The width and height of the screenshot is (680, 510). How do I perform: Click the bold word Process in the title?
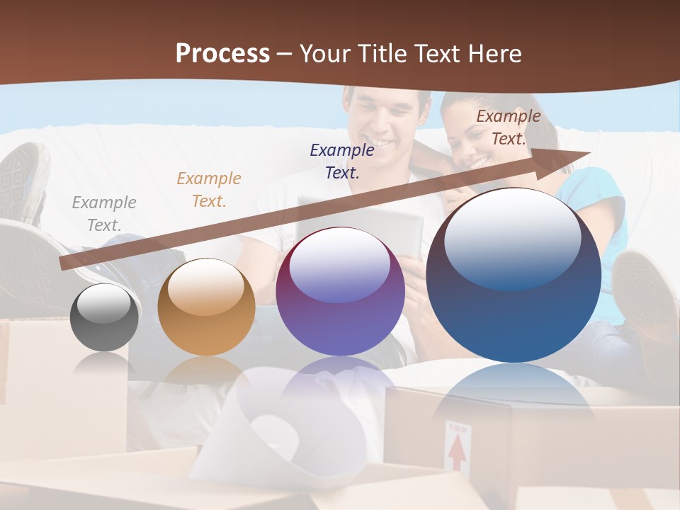click(222, 53)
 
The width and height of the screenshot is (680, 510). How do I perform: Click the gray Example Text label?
click(104, 214)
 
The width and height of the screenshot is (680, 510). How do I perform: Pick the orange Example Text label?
click(209, 190)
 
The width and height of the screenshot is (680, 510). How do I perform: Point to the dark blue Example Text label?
click(342, 161)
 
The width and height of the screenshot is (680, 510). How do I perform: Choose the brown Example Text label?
click(508, 127)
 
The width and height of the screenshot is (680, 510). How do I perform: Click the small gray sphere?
click(105, 317)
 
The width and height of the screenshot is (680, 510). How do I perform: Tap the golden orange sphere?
click(206, 307)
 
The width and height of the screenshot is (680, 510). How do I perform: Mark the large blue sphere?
click(514, 275)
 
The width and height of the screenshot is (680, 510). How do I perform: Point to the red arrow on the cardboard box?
click(458, 451)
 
